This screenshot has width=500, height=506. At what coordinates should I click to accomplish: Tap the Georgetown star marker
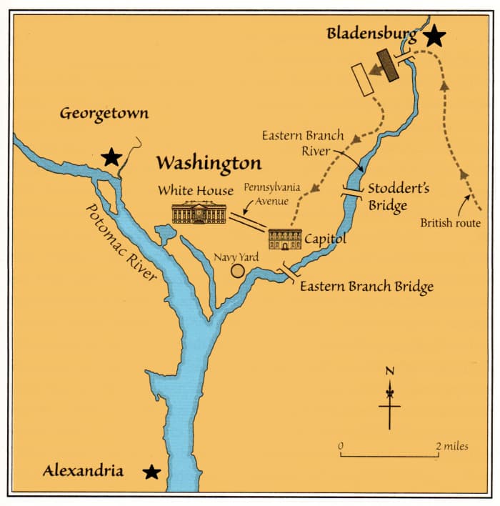pos(111,157)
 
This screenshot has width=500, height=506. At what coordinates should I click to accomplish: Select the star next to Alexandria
pos(151,472)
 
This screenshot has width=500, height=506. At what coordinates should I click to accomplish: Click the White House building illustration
pos(199,212)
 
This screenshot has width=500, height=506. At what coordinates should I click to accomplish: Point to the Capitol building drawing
pos(284,239)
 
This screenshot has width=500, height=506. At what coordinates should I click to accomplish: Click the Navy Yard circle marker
pos(237,271)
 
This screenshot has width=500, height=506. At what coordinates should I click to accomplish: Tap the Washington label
pos(209,163)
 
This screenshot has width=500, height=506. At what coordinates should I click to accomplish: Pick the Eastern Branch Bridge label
pos(366,287)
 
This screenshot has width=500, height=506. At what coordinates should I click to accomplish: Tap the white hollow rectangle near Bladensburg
pos(363,79)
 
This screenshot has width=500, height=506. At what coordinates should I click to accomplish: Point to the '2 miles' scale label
pos(452,446)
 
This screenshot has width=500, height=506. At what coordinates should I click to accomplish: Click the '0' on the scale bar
pos(341,446)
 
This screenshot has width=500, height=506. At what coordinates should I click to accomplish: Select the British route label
pos(450,224)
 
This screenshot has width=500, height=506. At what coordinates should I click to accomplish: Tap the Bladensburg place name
pos(371,33)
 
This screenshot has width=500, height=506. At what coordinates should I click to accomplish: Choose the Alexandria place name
pos(83,470)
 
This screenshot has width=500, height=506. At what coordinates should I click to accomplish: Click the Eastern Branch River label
pos(302,143)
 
